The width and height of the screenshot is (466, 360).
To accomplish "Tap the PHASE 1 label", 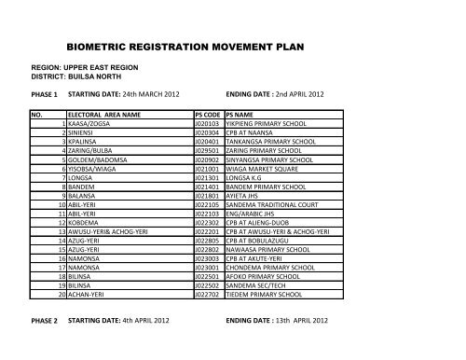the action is pyautogui.click(x=45, y=96).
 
